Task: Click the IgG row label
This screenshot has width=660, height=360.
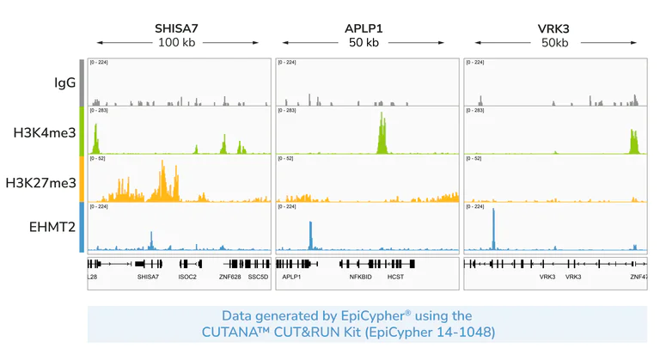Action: [65, 83]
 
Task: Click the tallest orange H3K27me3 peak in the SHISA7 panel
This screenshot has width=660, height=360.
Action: [162, 180]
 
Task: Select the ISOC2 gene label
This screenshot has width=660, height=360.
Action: [187, 278]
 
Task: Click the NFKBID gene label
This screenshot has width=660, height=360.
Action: [360, 278]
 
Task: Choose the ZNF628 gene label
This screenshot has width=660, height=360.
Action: [229, 278]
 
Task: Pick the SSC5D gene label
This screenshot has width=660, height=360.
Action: [259, 278]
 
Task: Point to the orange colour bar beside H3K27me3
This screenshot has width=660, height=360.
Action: [81, 178]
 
